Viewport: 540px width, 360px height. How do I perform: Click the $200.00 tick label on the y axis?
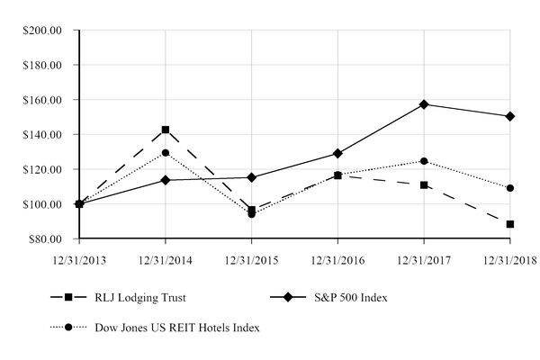click(42, 31)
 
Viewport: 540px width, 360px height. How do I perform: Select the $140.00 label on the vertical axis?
click(42, 135)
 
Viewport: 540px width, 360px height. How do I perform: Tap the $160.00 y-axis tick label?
click(42, 100)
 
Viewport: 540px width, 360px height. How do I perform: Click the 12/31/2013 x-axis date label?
click(79, 259)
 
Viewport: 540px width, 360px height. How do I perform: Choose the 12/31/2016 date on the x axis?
click(337, 259)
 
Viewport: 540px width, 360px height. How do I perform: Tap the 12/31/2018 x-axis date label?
click(509, 259)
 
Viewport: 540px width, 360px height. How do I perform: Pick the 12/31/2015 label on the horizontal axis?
click(251, 259)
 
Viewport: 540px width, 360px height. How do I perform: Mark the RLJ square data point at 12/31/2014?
click(166, 130)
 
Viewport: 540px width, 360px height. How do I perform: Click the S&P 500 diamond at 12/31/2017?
click(424, 104)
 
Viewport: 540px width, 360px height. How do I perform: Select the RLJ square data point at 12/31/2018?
click(510, 224)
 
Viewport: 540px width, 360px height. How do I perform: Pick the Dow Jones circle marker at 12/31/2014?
click(166, 153)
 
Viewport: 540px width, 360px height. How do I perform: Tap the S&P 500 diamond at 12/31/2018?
click(510, 116)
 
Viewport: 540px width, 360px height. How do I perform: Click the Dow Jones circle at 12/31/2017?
click(424, 161)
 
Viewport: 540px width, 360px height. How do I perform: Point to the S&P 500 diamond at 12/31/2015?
click(251, 177)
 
